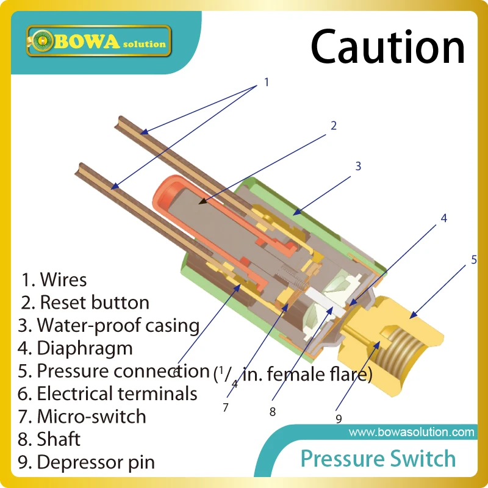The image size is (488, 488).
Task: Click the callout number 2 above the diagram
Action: (334, 126)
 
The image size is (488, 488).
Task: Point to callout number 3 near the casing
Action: (359, 166)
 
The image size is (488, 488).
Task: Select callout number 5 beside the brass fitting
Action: (474, 260)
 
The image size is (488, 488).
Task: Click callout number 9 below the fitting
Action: (339, 418)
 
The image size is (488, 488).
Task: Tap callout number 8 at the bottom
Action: (273, 412)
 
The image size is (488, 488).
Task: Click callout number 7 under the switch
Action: (226, 407)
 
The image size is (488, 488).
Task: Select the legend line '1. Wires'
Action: (54, 280)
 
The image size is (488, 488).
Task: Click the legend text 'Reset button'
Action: (94, 303)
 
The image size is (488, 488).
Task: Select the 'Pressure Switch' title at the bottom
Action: (378, 459)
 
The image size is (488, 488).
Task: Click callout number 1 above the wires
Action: (266, 81)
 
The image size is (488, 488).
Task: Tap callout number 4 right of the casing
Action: (444, 218)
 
